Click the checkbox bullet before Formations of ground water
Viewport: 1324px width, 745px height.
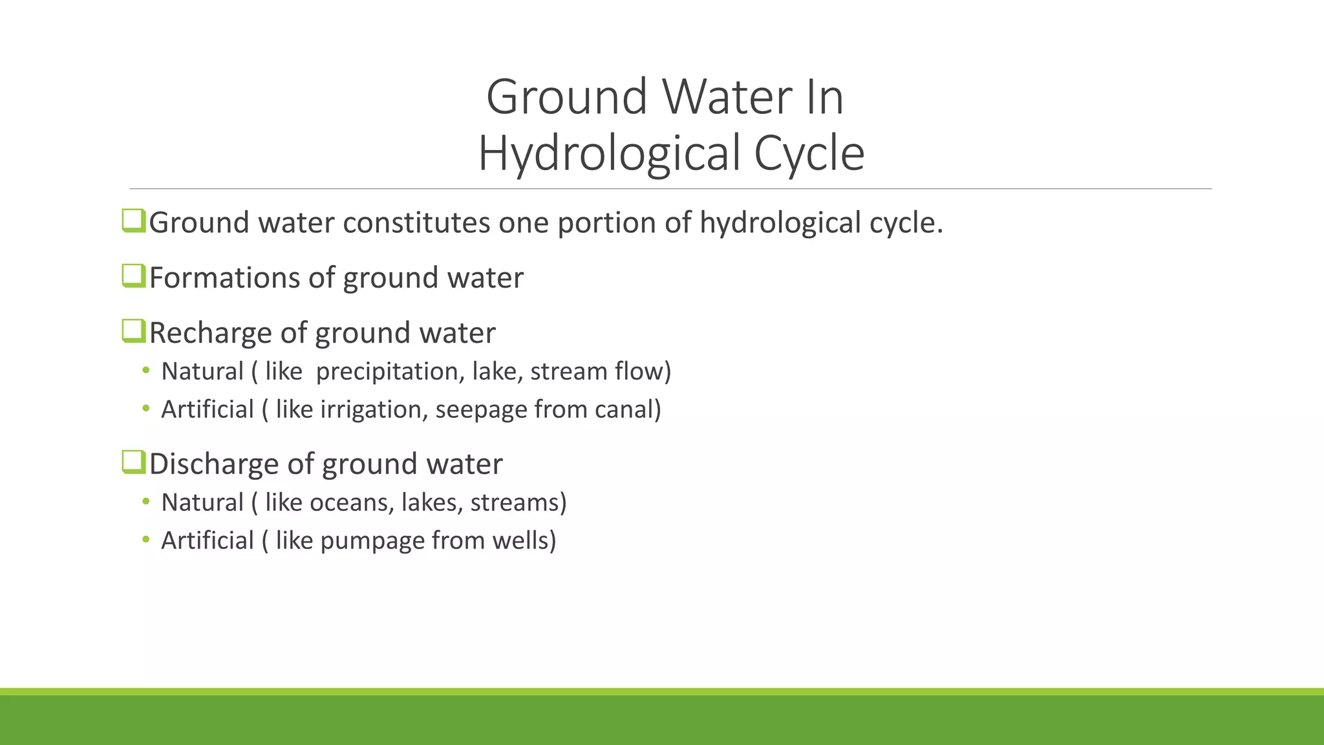pyautogui.click(x=133, y=276)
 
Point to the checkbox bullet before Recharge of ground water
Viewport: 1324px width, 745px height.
pyautogui.click(x=133, y=331)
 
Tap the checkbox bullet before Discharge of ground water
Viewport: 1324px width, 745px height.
pyautogui.click(x=133, y=462)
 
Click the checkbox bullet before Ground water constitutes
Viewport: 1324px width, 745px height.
pyautogui.click(x=133, y=221)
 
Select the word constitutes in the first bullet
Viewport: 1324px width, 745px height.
pyautogui.click(x=416, y=222)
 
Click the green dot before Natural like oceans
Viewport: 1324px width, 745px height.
pyautogui.click(x=146, y=501)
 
